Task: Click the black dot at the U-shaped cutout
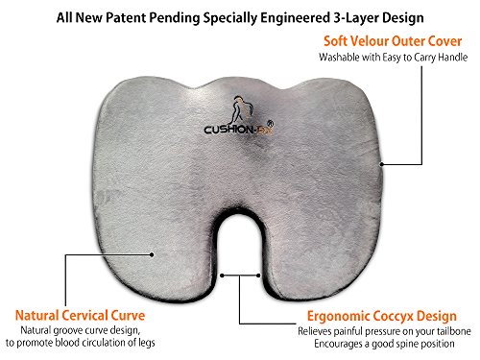click(x=222, y=274)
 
